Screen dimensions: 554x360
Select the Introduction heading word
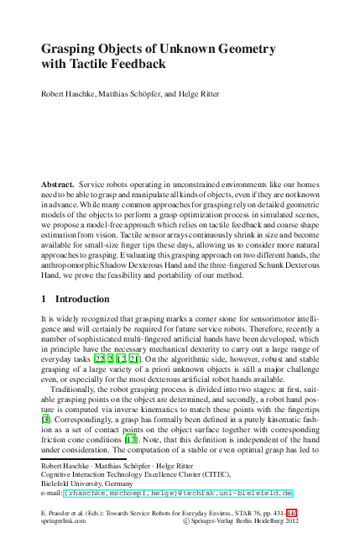(x=82, y=298)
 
